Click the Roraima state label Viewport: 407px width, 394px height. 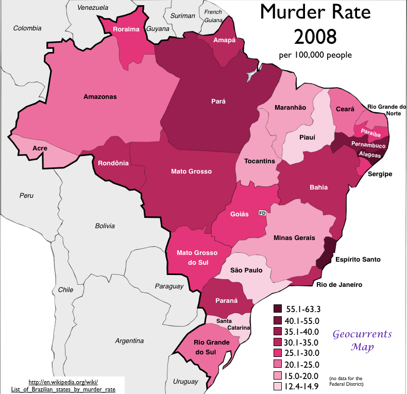click(126, 29)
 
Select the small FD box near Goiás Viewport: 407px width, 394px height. click(262, 213)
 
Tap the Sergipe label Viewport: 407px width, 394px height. click(380, 174)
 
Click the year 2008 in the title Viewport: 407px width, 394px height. click(315, 36)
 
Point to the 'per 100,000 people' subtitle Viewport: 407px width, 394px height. click(315, 55)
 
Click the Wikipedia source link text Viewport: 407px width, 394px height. click(63, 385)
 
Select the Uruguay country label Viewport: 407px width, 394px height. click(185, 382)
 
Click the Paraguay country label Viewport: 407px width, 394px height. click(169, 286)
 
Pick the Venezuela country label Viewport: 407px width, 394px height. click(93, 8)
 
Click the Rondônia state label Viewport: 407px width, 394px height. click(113, 163)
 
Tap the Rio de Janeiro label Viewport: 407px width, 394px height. click(339, 285)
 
